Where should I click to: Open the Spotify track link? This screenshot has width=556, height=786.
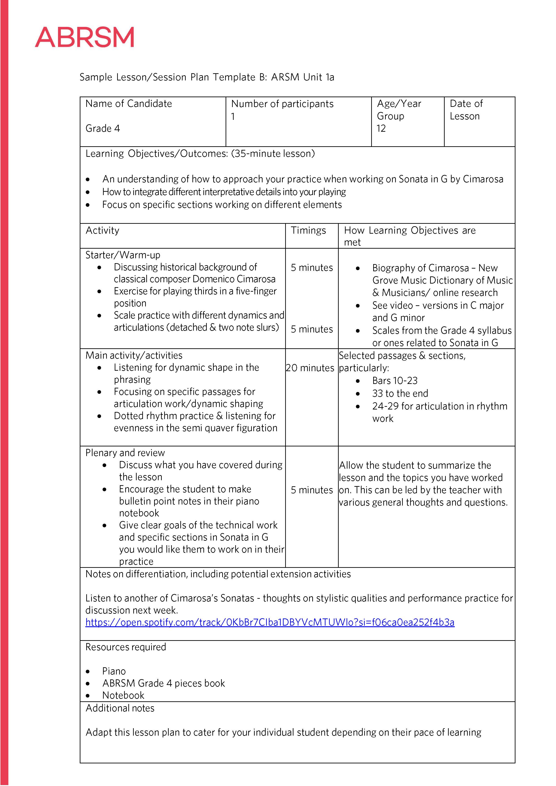(x=270, y=622)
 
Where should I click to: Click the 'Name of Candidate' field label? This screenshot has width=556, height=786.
(x=129, y=103)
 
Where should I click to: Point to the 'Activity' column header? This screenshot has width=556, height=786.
(x=102, y=230)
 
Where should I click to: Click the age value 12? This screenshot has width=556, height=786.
(x=381, y=128)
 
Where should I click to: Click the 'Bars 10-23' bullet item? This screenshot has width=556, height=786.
(x=395, y=381)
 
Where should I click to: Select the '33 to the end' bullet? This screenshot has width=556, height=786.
(x=400, y=393)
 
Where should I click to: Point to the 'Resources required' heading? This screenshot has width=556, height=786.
(x=126, y=647)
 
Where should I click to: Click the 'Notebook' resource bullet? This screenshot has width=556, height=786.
(x=123, y=695)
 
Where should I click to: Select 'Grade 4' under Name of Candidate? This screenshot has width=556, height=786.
(x=103, y=128)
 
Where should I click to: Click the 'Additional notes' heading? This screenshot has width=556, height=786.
(x=120, y=708)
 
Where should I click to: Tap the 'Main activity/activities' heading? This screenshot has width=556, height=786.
(x=134, y=355)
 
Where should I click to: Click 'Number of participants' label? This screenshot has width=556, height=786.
(x=282, y=104)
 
